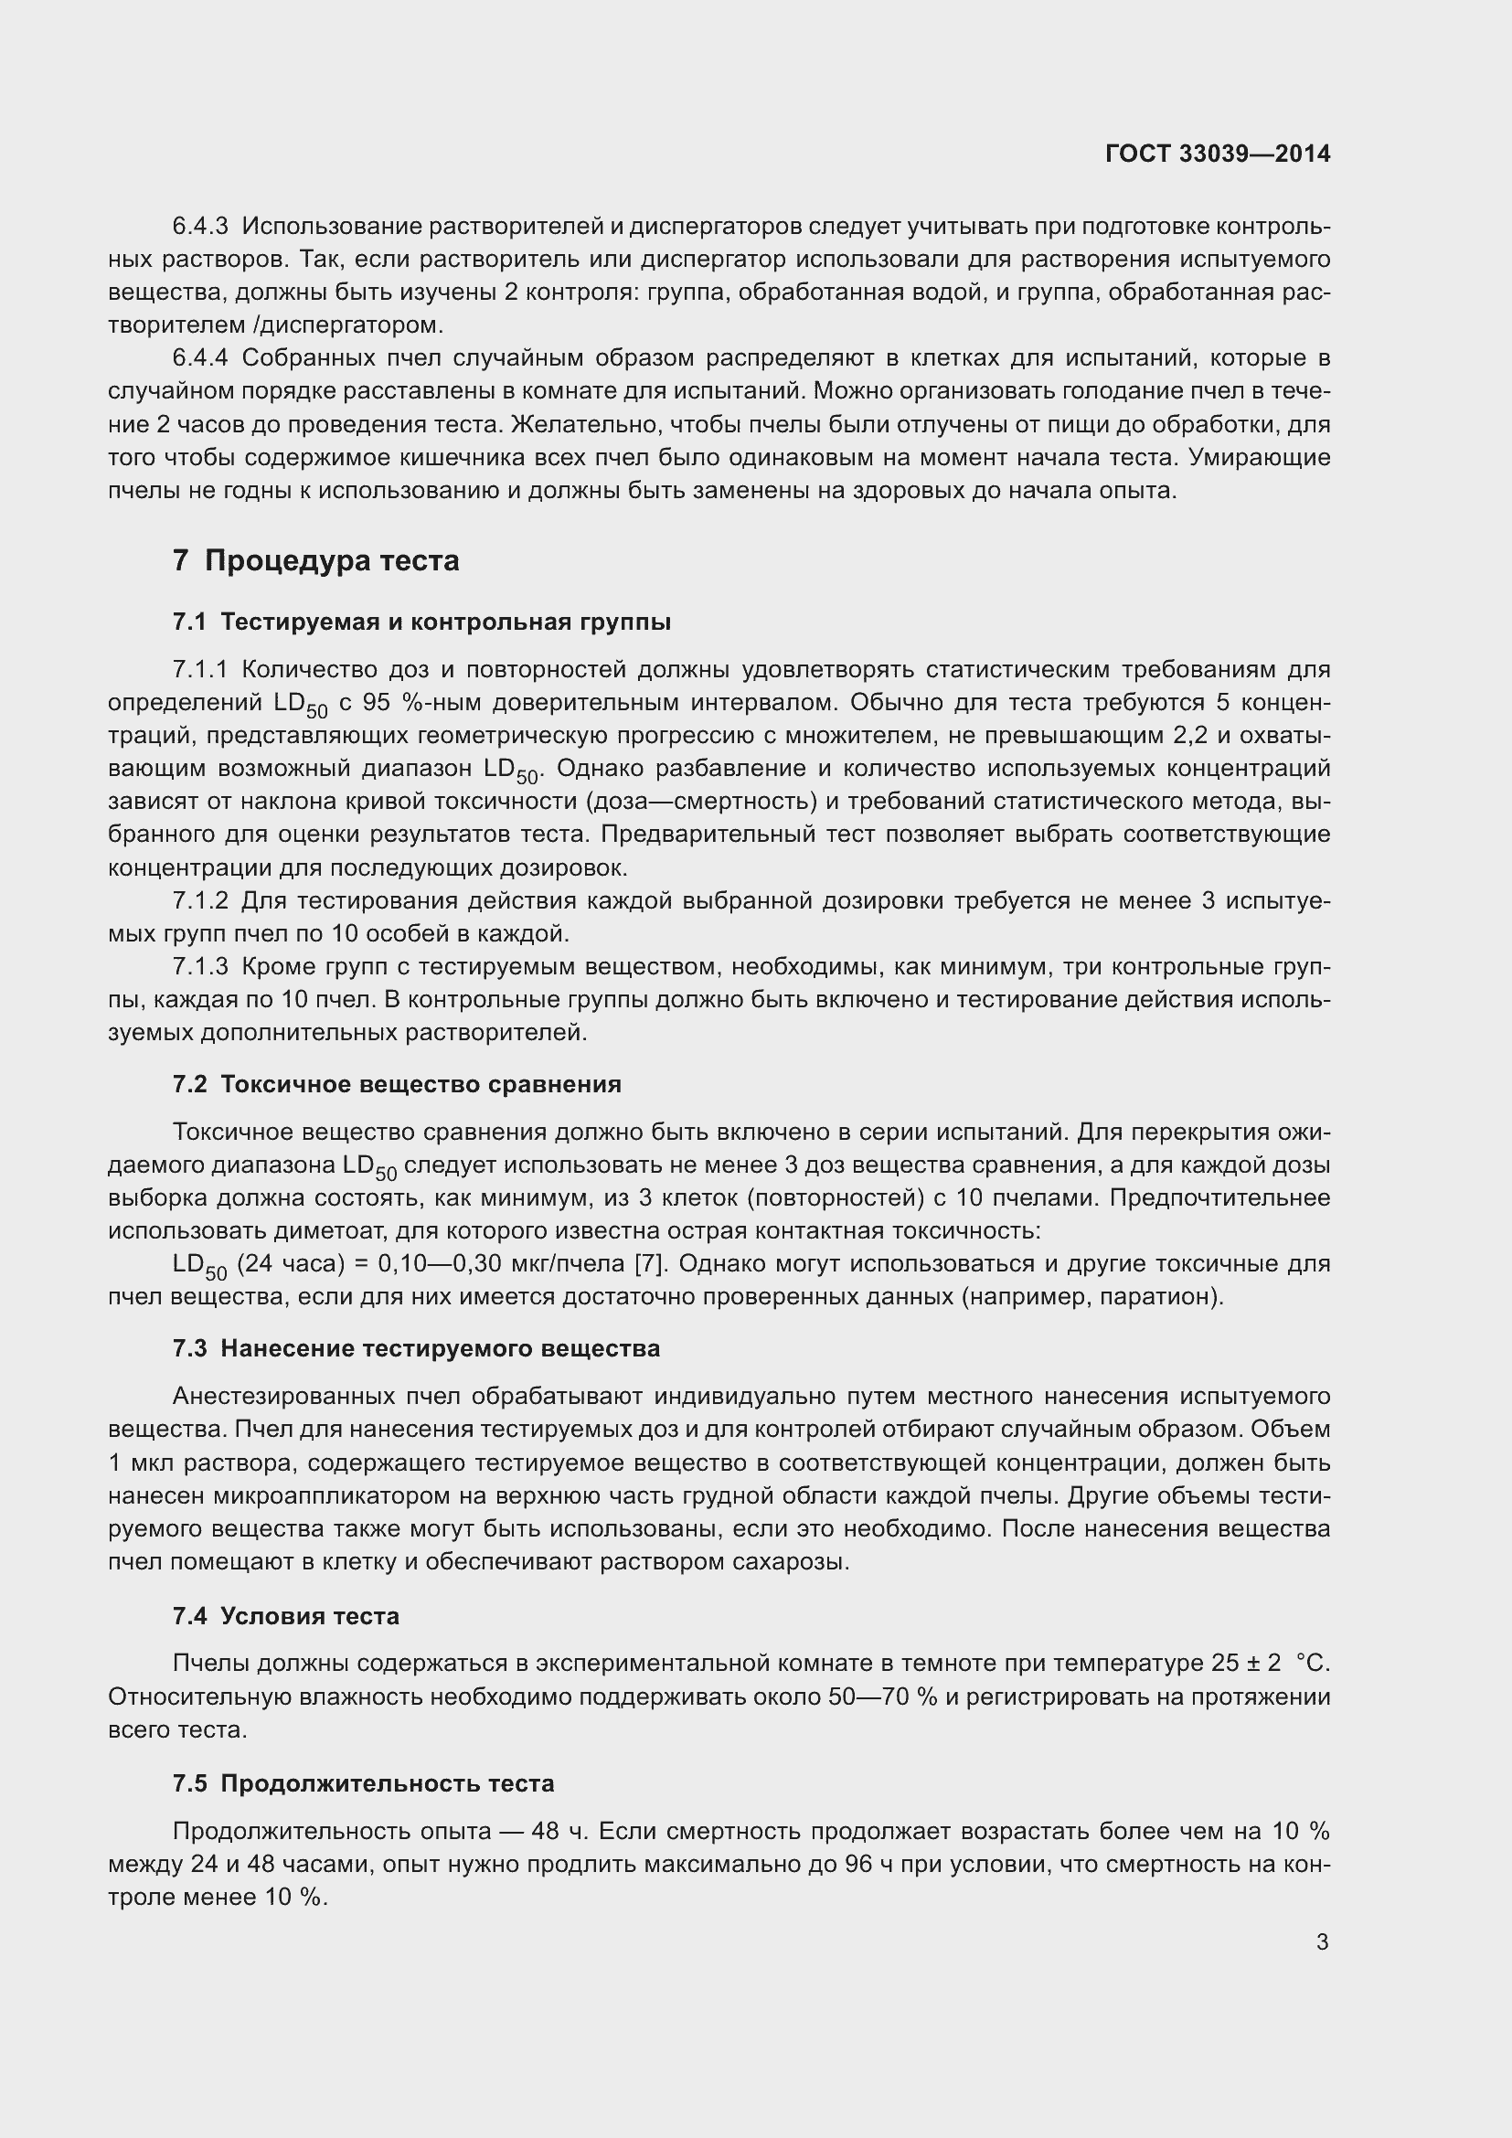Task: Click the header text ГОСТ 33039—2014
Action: click(1217, 154)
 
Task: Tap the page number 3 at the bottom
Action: click(1322, 1941)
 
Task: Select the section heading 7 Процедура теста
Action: click(315, 560)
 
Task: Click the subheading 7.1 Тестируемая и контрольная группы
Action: click(421, 622)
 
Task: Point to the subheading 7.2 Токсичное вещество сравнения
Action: click(397, 1084)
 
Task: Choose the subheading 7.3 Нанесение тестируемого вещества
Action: click(416, 1348)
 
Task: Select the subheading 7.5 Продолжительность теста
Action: click(363, 1783)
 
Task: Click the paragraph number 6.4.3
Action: click(200, 227)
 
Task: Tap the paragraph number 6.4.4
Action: click(200, 357)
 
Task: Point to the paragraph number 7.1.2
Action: click(200, 900)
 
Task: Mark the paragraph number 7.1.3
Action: click(200, 966)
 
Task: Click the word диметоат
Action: click(331, 1231)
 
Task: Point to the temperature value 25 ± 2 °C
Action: click(1271, 1663)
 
